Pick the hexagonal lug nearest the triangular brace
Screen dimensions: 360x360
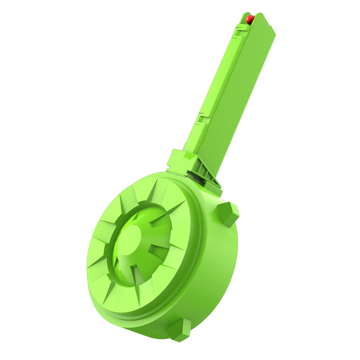(x=228, y=213)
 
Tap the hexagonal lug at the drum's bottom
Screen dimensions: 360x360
(x=179, y=330)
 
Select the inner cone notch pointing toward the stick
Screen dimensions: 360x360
(x=166, y=216)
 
